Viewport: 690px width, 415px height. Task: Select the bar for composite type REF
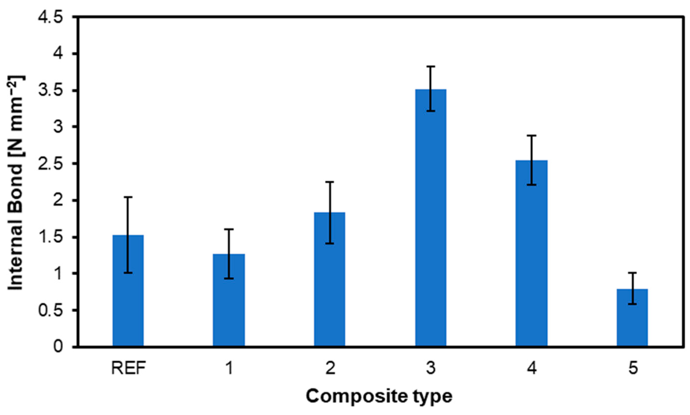click(128, 291)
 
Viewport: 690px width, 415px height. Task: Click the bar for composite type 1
click(229, 300)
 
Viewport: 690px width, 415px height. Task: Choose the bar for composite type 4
click(531, 253)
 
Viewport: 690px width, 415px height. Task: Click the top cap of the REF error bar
click(128, 197)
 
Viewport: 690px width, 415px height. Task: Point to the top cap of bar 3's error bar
click(431, 66)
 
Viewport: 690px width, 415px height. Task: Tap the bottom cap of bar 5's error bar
click(632, 304)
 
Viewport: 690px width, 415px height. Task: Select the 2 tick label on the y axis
click(58, 200)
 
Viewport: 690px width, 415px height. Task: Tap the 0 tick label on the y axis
click(58, 347)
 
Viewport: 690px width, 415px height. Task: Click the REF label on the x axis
click(128, 368)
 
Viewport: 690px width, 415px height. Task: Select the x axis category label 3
click(431, 368)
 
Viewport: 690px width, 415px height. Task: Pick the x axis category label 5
click(632, 368)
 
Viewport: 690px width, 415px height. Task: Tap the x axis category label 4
click(532, 368)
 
